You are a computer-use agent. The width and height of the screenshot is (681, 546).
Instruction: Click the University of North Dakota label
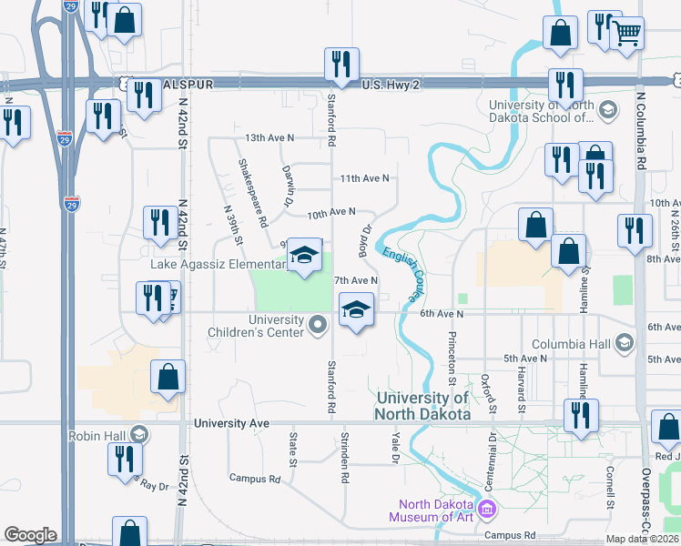pyautogui.click(x=422, y=406)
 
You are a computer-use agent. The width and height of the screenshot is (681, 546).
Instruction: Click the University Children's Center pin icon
pyautogui.click(x=317, y=325)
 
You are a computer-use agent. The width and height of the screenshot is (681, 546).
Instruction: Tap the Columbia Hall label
pyautogui.click(x=571, y=344)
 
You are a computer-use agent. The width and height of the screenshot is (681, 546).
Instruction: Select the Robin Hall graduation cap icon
pyautogui.click(x=137, y=436)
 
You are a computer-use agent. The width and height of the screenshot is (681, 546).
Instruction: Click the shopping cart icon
pyautogui.click(x=625, y=34)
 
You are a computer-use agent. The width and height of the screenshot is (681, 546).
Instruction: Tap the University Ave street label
pyautogui.click(x=232, y=423)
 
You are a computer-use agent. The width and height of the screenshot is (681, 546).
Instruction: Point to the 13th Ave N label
pyautogui.click(x=269, y=137)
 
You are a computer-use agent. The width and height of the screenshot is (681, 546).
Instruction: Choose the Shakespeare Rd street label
pyautogui.click(x=252, y=193)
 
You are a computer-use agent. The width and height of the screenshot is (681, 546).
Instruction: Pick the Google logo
pyautogui.click(x=31, y=535)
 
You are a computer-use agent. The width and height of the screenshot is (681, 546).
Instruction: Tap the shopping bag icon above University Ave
pyautogui.click(x=168, y=378)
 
